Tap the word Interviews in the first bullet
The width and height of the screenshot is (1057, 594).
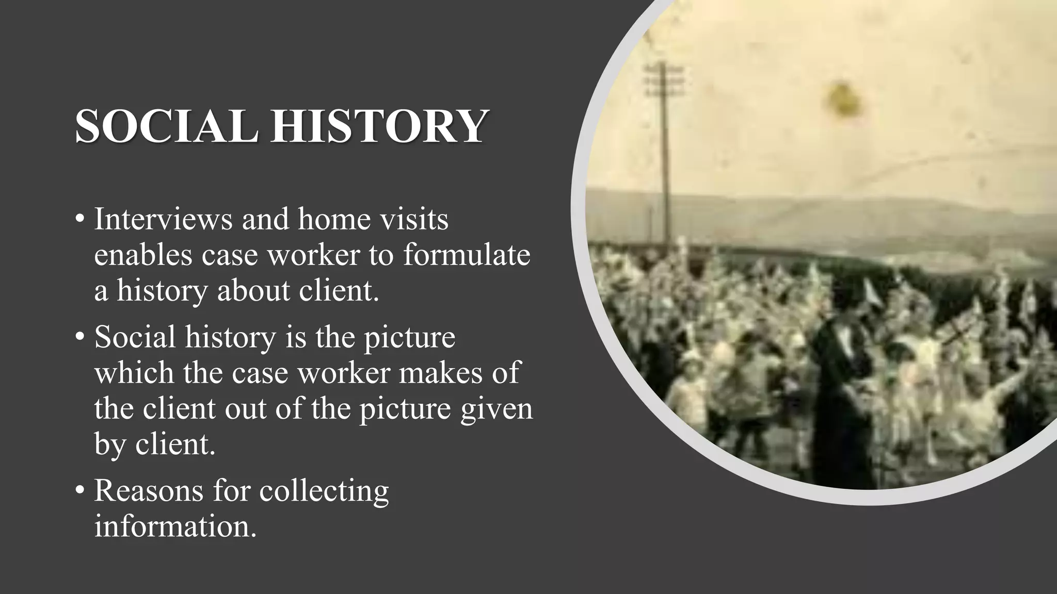pyautogui.click(x=163, y=219)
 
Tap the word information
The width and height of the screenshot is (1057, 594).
pyautogui.click(x=175, y=527)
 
